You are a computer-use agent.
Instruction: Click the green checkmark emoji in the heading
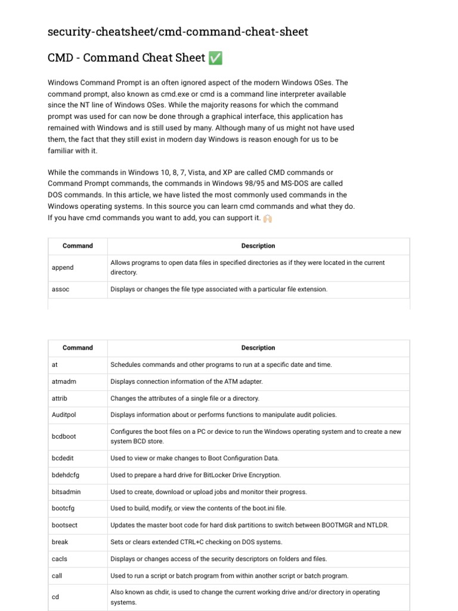(216, 58)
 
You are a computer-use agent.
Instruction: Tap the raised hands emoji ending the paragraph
(267, 218)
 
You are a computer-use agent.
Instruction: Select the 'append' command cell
(63, 267)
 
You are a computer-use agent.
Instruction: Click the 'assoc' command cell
(61, 289)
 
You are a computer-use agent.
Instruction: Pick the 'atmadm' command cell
(64, 381)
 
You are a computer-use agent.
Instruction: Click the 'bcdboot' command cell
(64, 436)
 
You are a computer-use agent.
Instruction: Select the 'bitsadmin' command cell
(66, 492)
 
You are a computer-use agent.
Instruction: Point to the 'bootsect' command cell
(64, 525)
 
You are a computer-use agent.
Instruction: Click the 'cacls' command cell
(60, 559)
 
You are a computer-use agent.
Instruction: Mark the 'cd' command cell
(55, 597)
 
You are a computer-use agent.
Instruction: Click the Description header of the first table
(258, 246)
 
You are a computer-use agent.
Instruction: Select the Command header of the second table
(78, 348)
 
